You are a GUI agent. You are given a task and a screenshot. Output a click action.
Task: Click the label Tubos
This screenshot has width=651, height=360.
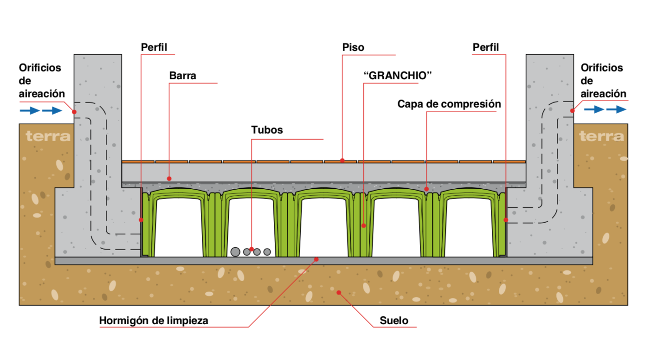coord(267,130)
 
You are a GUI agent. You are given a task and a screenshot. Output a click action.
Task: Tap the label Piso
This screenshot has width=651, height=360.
coord(353,47)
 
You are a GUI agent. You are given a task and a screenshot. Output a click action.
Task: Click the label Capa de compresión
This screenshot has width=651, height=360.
coord(449,104)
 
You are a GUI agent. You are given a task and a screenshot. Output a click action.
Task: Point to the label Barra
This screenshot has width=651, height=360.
coord(182,76)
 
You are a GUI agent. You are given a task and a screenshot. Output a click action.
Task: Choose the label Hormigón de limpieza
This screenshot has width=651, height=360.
coord(154,321)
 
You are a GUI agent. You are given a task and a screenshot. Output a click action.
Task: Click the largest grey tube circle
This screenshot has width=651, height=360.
coord(235,252)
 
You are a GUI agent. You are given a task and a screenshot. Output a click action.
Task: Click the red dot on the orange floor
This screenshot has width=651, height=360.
coord(342,161)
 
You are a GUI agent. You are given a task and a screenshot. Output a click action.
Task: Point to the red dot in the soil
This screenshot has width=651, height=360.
coord(339,292)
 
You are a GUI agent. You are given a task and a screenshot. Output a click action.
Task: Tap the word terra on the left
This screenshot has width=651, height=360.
coord(48,136)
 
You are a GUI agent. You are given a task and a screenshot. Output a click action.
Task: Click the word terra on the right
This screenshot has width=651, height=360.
coord(601,136)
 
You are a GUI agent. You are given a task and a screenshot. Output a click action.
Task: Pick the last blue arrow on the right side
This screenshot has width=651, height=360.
coord(616,109)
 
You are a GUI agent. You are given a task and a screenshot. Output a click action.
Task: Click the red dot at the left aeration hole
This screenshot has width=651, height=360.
coord(74,111)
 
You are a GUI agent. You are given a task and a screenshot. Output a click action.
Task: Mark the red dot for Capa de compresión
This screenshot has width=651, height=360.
coord(426,189)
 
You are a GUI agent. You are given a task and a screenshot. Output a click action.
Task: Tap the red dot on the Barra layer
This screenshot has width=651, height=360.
coord(169,178)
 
